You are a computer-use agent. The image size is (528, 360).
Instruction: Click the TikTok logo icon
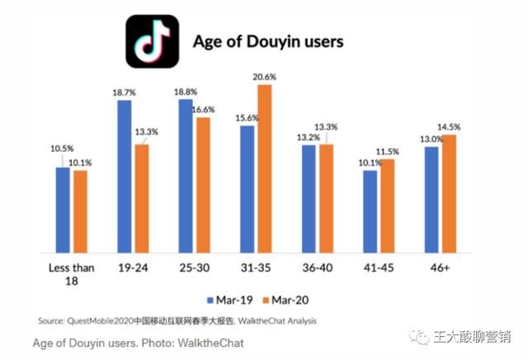pyautogui.click(x=152, y=41)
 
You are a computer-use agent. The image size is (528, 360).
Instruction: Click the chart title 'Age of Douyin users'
pyautogui.click(x=267, y=40)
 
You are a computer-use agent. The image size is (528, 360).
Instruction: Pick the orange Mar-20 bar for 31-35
pyautogui.click(x=265, y=170)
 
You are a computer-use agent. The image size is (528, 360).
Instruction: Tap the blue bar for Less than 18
pyautogui.click(x=64, y=211)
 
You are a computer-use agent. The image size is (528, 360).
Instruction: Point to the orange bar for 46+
pyautogui.click(x=450, y=195)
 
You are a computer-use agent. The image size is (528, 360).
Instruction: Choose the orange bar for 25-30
pyautogui.click(x=203, y=186)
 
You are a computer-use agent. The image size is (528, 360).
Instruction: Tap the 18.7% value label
pyautogui.click(x=125, y=92)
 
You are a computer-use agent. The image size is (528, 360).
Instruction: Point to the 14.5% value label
pyautogui.click(x=450, y=126)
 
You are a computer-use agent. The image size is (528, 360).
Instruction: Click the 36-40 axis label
pyautogui.click(x=318, y=268)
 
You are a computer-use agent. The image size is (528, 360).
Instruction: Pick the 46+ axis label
pyautogui.click(x=440, y=268)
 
